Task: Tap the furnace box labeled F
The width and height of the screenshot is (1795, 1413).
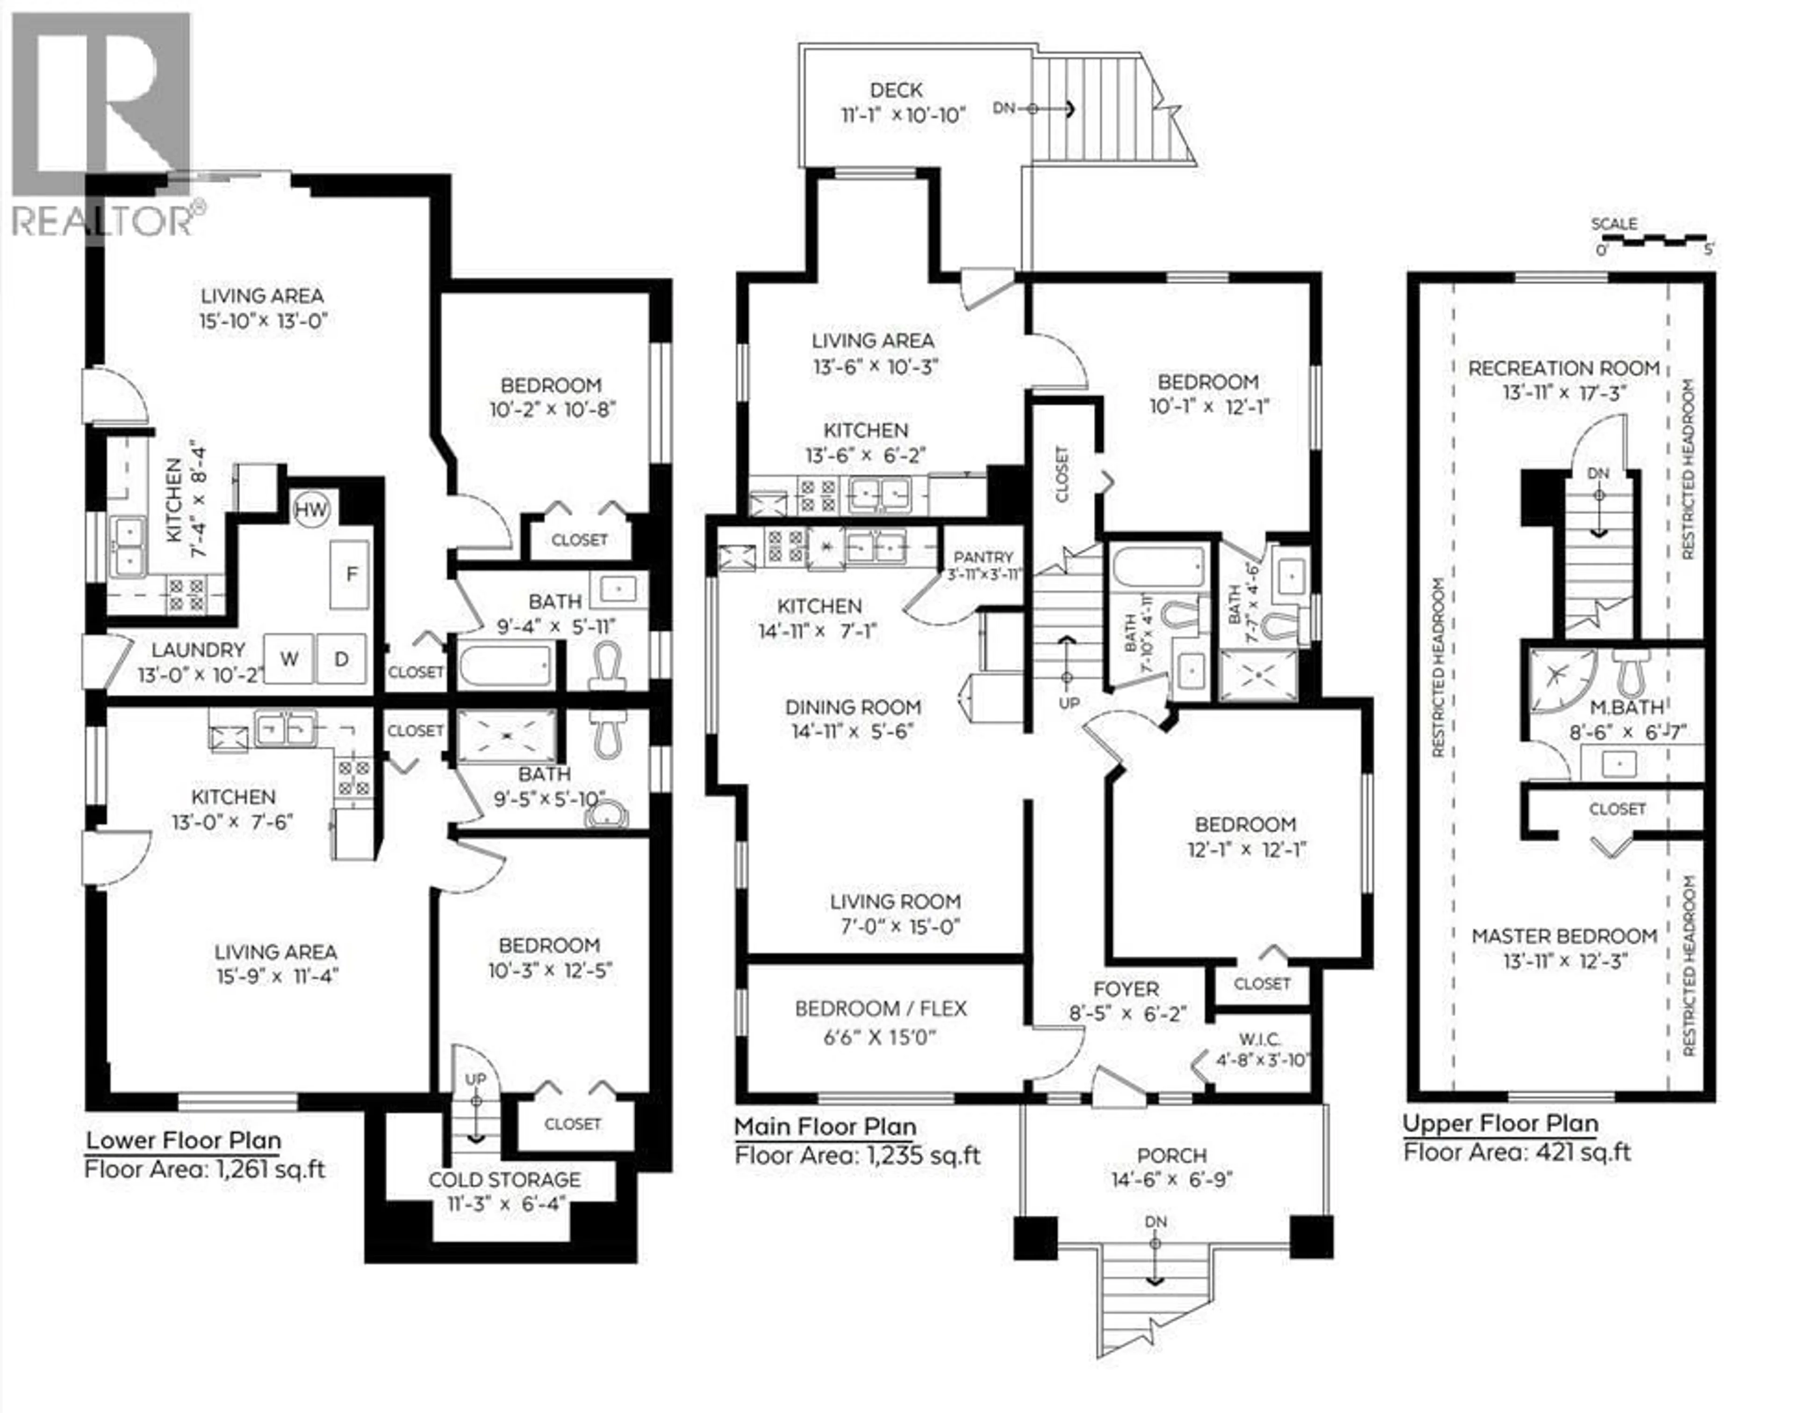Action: point(350,575)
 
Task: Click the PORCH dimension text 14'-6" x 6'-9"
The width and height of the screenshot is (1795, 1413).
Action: point(1172,1180)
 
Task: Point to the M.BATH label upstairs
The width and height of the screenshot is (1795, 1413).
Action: point(1615,707)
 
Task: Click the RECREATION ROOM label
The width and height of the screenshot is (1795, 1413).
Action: point(1564,368)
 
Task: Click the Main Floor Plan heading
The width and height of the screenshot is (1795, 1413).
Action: point(825,1127)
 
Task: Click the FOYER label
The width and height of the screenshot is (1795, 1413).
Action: point(1126,988)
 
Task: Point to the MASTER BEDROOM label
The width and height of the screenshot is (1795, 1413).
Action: point(1564,937)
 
